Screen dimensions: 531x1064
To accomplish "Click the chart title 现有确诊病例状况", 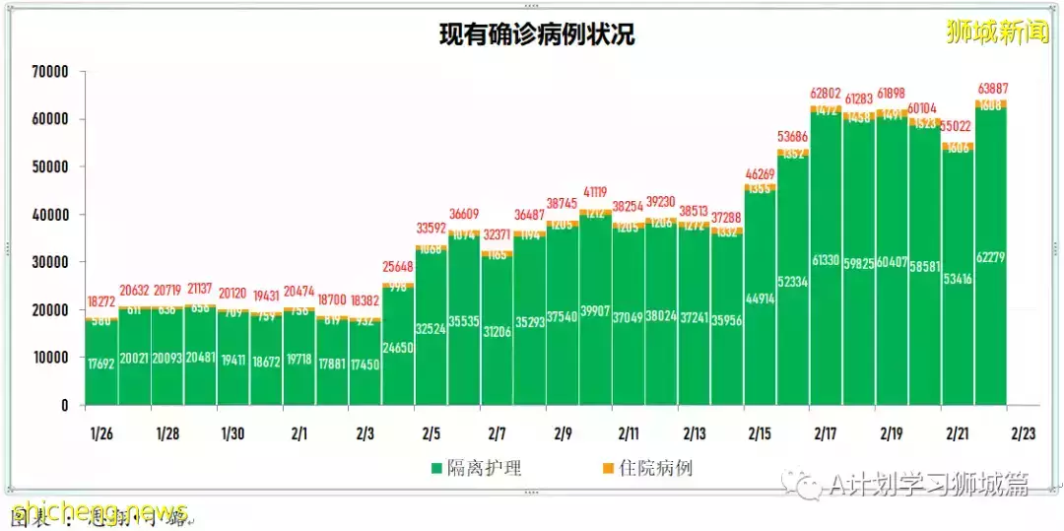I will click(x=537, y=36).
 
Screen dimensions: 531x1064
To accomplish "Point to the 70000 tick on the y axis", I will click(x=48, y=72).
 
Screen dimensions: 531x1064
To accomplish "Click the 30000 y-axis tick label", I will click(x=48, y=262).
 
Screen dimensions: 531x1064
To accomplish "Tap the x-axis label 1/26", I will click(x=101, y=433).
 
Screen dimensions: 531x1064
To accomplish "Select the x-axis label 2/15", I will click(x=760, y=433).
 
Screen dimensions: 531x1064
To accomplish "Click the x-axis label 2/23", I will click(x=1023, y=433).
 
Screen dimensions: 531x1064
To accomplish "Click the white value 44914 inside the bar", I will click(x=760, y=299).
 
